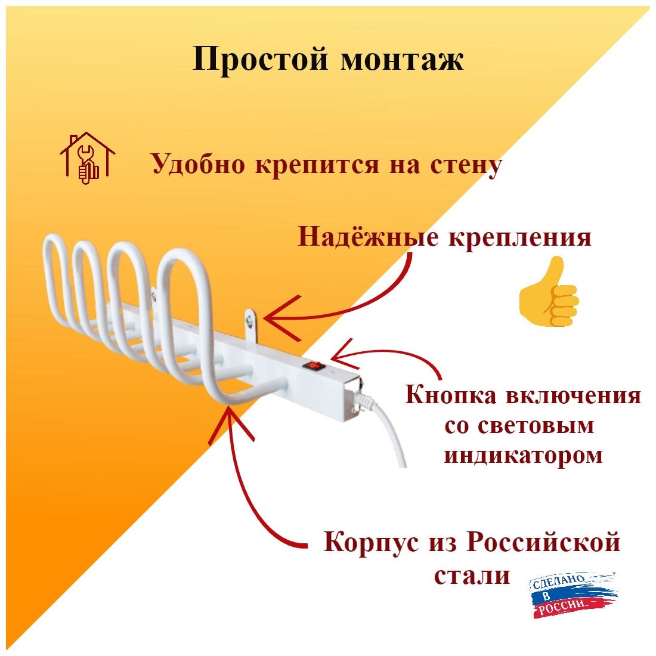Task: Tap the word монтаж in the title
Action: point(403,60)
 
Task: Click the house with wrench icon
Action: point(87,158)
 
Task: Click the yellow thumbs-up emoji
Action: point(549,292)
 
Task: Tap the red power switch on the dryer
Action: point(313,365)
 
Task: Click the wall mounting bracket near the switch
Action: point(250,323)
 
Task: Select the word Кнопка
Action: point(450,395)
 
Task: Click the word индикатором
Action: point(523,456)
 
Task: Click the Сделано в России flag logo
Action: point(573,594)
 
